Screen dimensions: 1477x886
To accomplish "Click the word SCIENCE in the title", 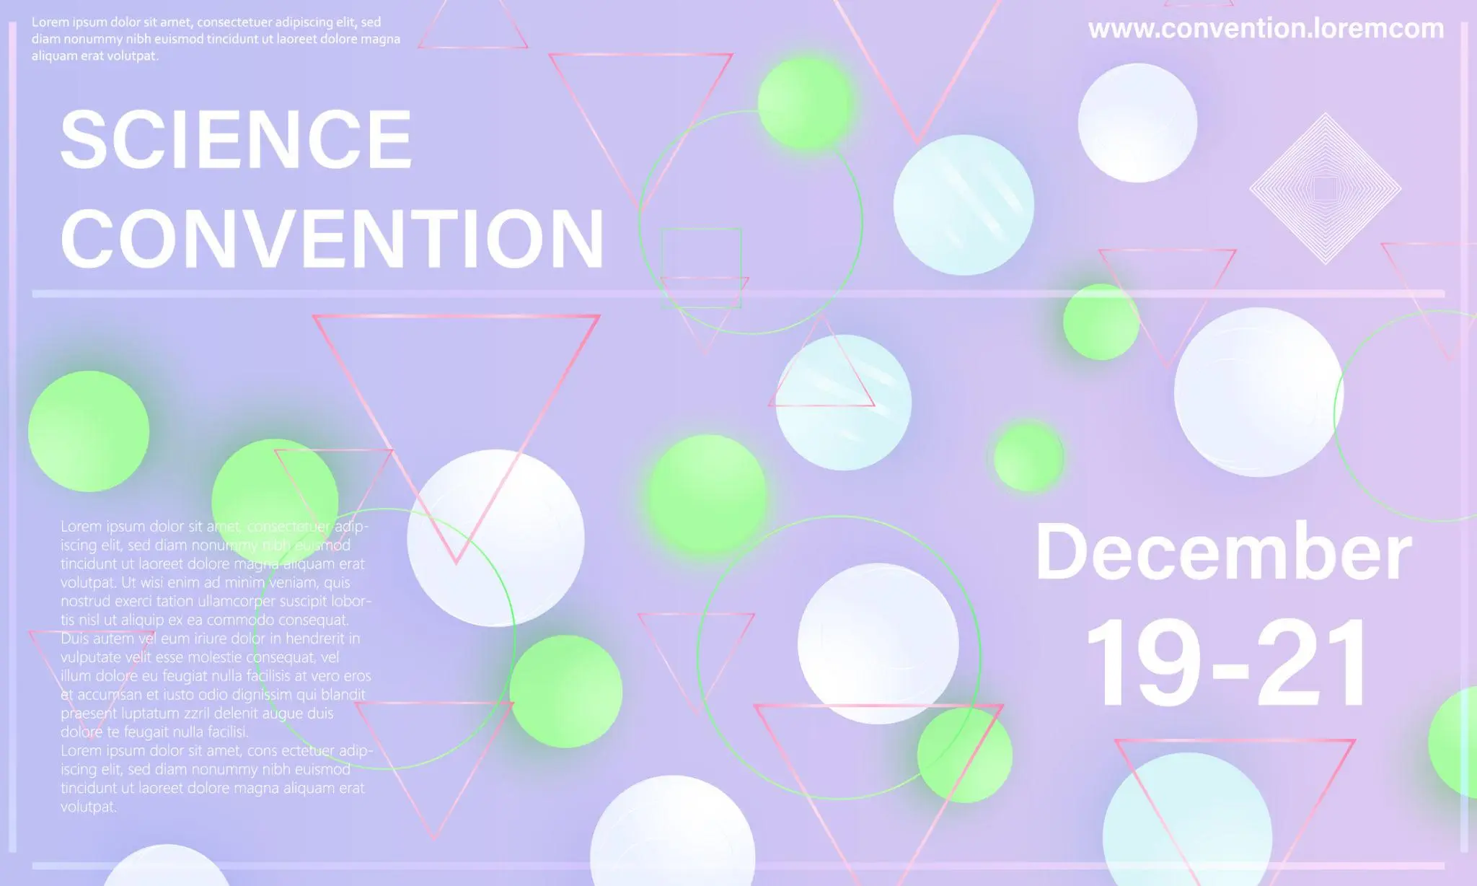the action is (236, 139).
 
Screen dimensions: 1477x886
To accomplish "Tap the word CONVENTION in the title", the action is (332, 238).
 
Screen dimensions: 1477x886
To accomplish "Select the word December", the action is (1223, 552).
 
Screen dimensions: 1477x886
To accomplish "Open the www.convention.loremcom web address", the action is (1266, 29).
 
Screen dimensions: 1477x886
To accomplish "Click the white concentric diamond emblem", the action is (1325, 188).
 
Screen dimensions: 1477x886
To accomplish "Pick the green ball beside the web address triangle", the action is (806, 103).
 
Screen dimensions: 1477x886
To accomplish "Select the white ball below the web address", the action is (1137, 123).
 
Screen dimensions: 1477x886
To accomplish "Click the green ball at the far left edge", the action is (89, 431).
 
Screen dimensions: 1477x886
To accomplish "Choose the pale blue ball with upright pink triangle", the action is (843, 403).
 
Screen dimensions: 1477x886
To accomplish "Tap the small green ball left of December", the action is (1028, 457).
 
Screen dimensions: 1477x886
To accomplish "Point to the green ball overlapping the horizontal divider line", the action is (1101, 322).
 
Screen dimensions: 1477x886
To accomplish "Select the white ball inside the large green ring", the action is (878, 644).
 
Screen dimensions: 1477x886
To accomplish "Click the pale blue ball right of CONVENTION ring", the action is (964, 205).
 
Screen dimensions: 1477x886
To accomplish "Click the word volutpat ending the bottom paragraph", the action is (88, 807).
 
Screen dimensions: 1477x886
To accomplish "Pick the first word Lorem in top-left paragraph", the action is (50, 22).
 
